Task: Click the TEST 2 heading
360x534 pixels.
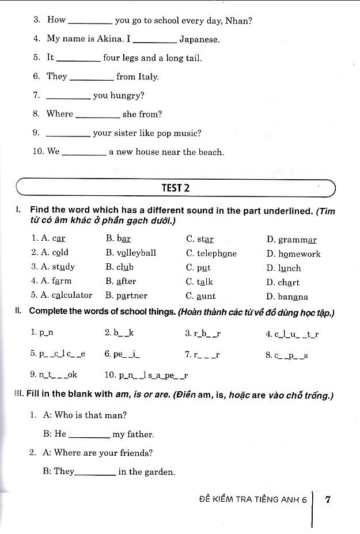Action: (x=177, y=188)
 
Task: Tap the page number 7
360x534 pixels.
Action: (x=328, y=499)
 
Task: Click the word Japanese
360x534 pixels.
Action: (x=199, y=40)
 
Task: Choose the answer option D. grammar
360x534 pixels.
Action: (x=291, y=240)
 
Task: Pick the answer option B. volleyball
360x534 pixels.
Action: (x=131, y=253)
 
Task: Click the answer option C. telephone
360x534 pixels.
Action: (x=211, y=253)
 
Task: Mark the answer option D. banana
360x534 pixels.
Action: (x=287, y=297)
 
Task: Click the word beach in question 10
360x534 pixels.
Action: (x=210, y=152)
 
